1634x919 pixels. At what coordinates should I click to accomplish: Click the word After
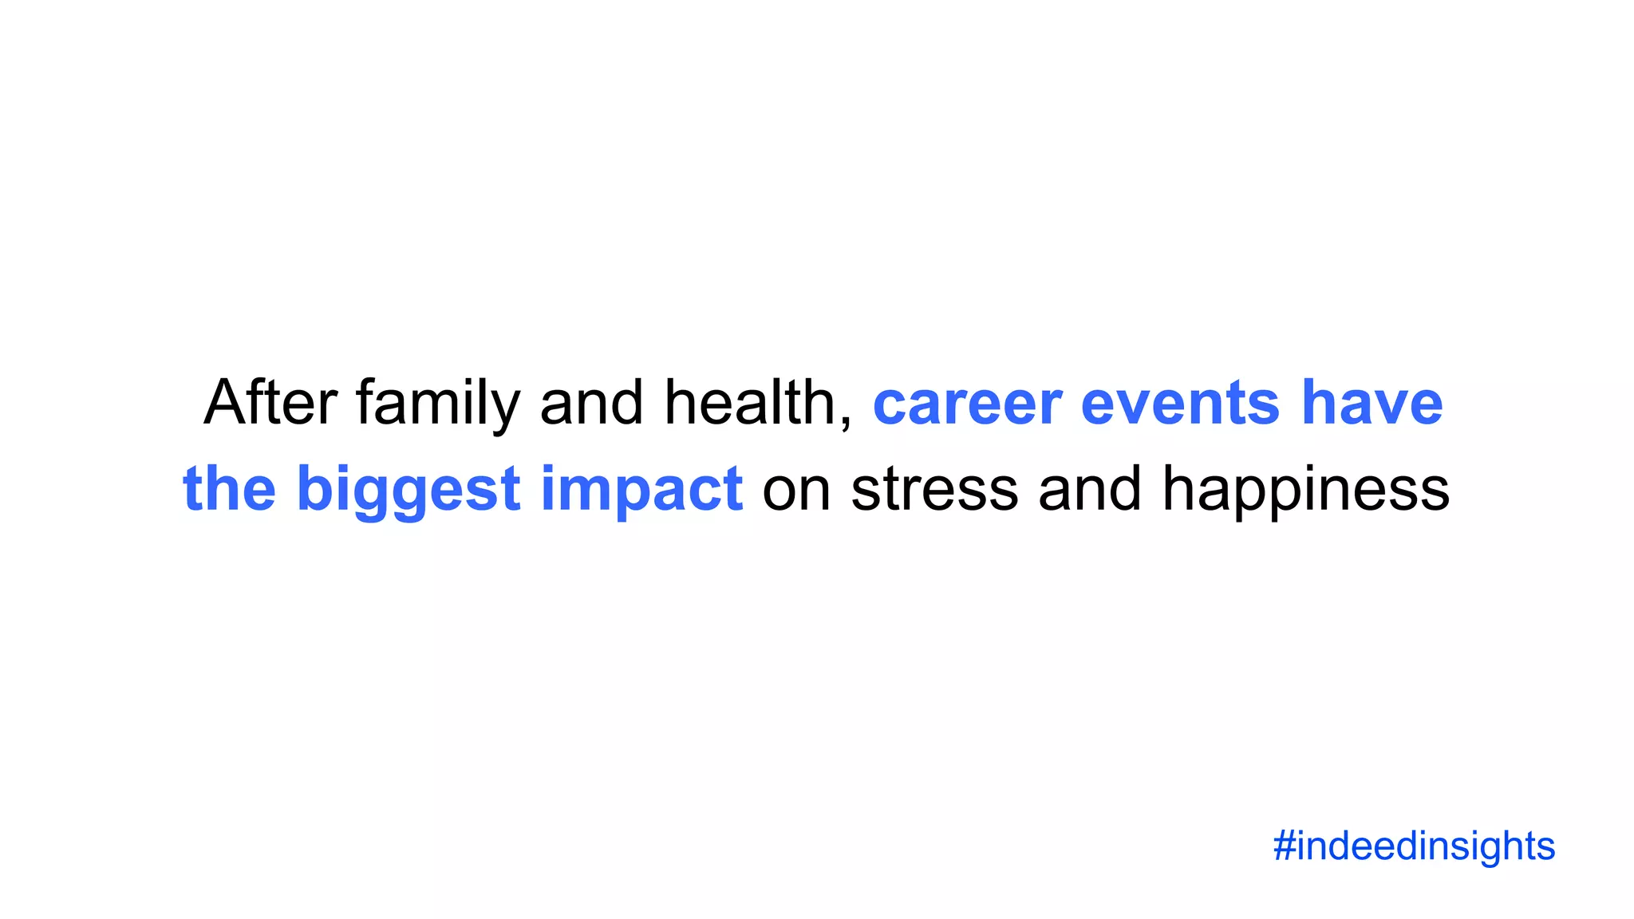pyautogui.click(x=270, y=403)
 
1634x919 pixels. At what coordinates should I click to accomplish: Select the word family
pyautogui.click(x=437, y=403)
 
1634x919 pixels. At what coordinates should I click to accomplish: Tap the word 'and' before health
pyautogui.click(x=591, y=403)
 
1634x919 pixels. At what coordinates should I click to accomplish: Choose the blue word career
pyautogui.click(x=967, y=403)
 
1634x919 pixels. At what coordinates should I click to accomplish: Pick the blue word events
pyautogui.click(x=1180, y=403)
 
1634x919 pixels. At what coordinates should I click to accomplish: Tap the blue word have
pyautogui.click(x=1372, y=403)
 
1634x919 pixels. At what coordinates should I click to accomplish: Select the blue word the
pyautogui.click(x=230, y=488)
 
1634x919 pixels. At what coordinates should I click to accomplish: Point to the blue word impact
pyautogui.click(x=641, y=488)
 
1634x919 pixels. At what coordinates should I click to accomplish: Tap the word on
pyautogui.click(x=796, y=488)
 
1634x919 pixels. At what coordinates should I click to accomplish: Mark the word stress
pyautogui.click(x=934, y=488)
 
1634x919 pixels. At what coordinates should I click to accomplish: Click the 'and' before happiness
pyautogui.click(x=1089, y=488)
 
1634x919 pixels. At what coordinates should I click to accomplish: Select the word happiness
pyautogui.click(x=1305, y=488)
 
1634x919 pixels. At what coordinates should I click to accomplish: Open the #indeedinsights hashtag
pyautogui.click(x=1414, y=846)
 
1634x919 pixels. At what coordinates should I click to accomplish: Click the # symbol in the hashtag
pyautogui.click(x=1284, y=846)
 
